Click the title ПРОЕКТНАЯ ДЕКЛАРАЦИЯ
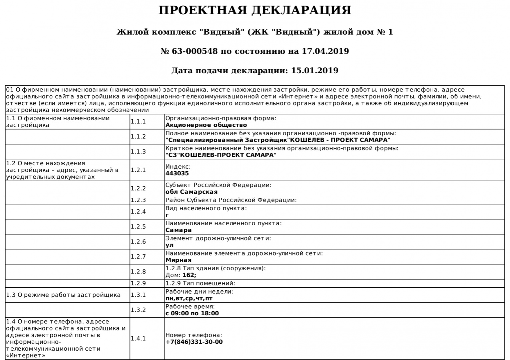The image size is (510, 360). [x=254, y=10]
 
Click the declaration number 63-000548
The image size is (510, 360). [x=194, y=51]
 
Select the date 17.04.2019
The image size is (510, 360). [x=325, y=51]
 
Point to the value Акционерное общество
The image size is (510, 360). [x=206, y=125]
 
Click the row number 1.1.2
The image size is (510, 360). [x=138, y=137]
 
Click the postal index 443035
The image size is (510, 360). [x=177, y=174]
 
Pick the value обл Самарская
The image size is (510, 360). [x=191, y=192]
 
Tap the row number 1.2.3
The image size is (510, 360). [x=138, y=200]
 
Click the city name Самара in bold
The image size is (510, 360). [x=178, y=230]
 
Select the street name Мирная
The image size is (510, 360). [x=178, y=260]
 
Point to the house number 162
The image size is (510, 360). [x=189, y=275]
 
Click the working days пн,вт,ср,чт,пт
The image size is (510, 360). [x=189, y=299]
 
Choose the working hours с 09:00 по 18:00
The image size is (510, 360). [x=192, y=314]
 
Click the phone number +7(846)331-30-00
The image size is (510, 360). [x=194, y=342]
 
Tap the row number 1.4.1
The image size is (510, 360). [x=138, y=339]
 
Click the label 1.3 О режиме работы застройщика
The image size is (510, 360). [x=63, y=295]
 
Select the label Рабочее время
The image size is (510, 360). [x=190, y=307]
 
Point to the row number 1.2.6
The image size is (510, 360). [x=138, y=242]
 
